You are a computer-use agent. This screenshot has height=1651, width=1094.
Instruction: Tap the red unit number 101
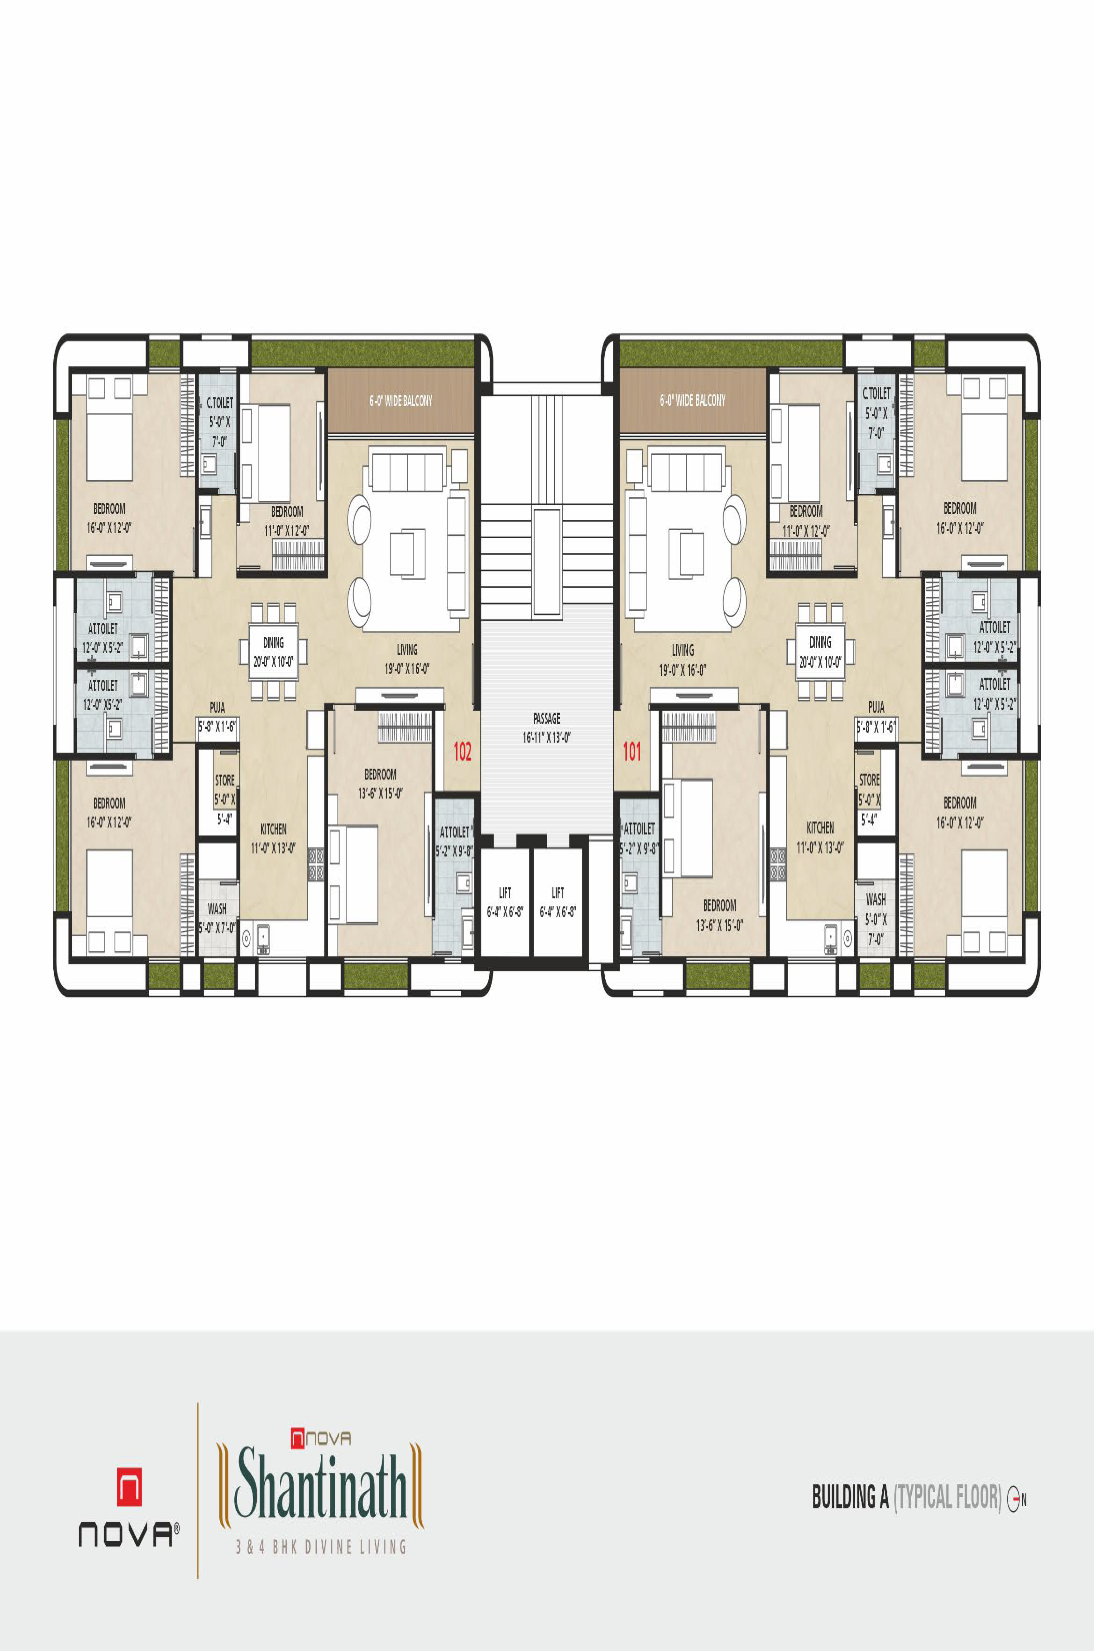[631, 751]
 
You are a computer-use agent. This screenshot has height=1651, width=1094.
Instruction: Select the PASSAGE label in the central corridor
[547, 718]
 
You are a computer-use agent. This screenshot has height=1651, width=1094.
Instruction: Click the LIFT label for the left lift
[504, 892]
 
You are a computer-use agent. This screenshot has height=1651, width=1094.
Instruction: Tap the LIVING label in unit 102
[407, 649]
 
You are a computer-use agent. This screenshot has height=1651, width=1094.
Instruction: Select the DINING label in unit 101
[820, 641]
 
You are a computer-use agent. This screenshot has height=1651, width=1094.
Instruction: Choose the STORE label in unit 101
[869, 780]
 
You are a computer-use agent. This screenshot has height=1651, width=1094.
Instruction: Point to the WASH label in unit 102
[217, 909]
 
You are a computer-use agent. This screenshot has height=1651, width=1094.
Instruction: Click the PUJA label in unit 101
[876, 707]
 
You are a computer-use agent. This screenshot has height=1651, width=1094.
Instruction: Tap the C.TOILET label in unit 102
[220, 403]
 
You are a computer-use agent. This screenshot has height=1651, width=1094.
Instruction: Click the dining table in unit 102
[274, 650]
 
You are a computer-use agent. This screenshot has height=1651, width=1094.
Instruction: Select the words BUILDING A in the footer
[850, 1497]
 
